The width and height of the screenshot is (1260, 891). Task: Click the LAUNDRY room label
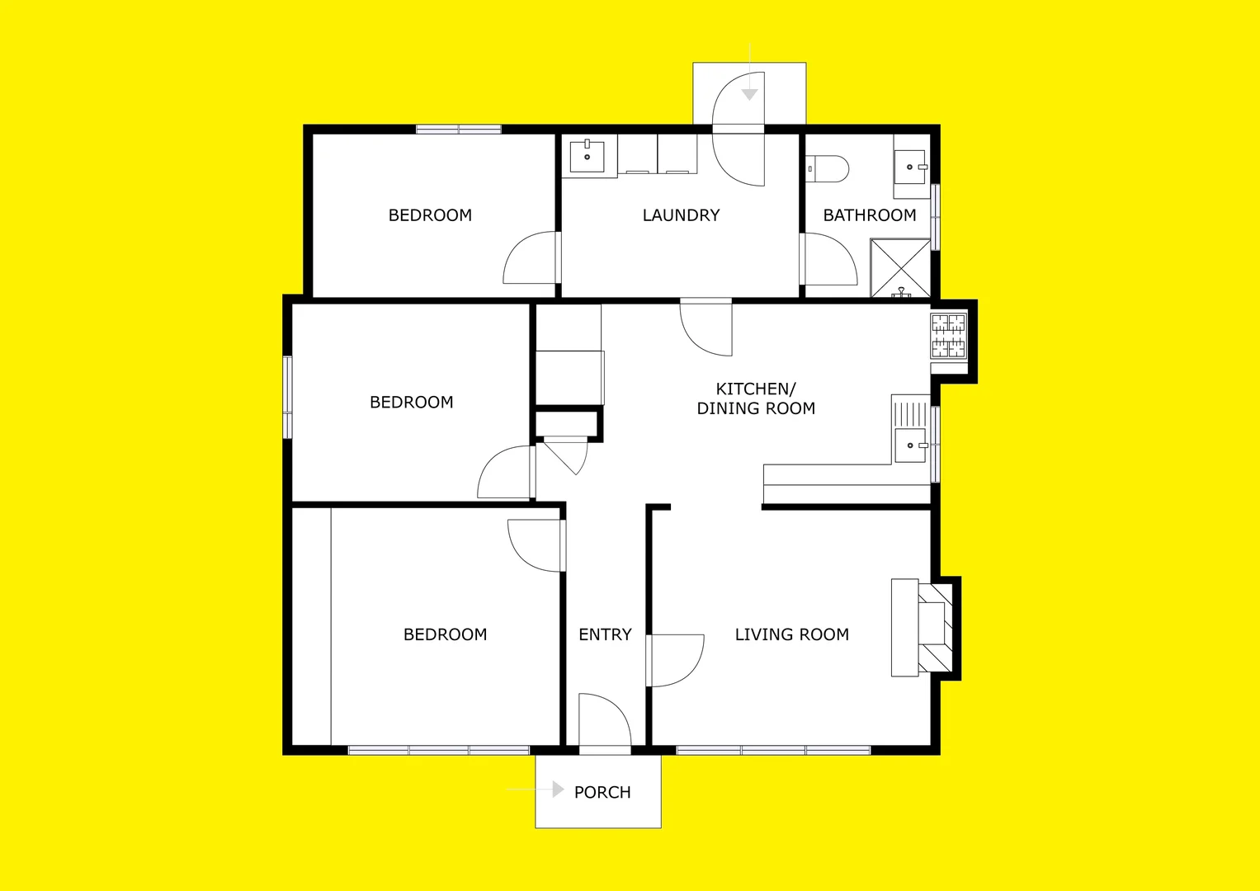click(681, 215)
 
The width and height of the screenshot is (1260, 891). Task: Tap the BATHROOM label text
click(870, 215)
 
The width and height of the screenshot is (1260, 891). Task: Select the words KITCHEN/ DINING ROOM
click(756, 398)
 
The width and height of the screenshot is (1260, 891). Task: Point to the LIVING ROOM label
click(791, 634)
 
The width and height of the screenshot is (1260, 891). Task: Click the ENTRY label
click(605, 634)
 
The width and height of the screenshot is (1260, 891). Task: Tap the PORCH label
click(602, 792)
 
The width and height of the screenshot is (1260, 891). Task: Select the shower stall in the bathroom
click(900, 267)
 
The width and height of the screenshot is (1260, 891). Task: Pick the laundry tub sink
click(588, 156)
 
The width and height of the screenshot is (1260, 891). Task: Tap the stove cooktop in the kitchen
click(948, 336)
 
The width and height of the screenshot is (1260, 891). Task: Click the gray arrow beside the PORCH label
click(558, 790)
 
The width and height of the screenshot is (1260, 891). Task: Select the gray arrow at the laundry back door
click(749, 95)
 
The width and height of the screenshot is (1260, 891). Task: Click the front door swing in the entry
click(605, 723)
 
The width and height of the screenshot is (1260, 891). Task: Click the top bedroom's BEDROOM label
click(430, 215)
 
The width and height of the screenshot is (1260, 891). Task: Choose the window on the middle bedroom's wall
click(287, 397)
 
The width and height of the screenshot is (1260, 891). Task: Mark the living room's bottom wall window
click(773, 750)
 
